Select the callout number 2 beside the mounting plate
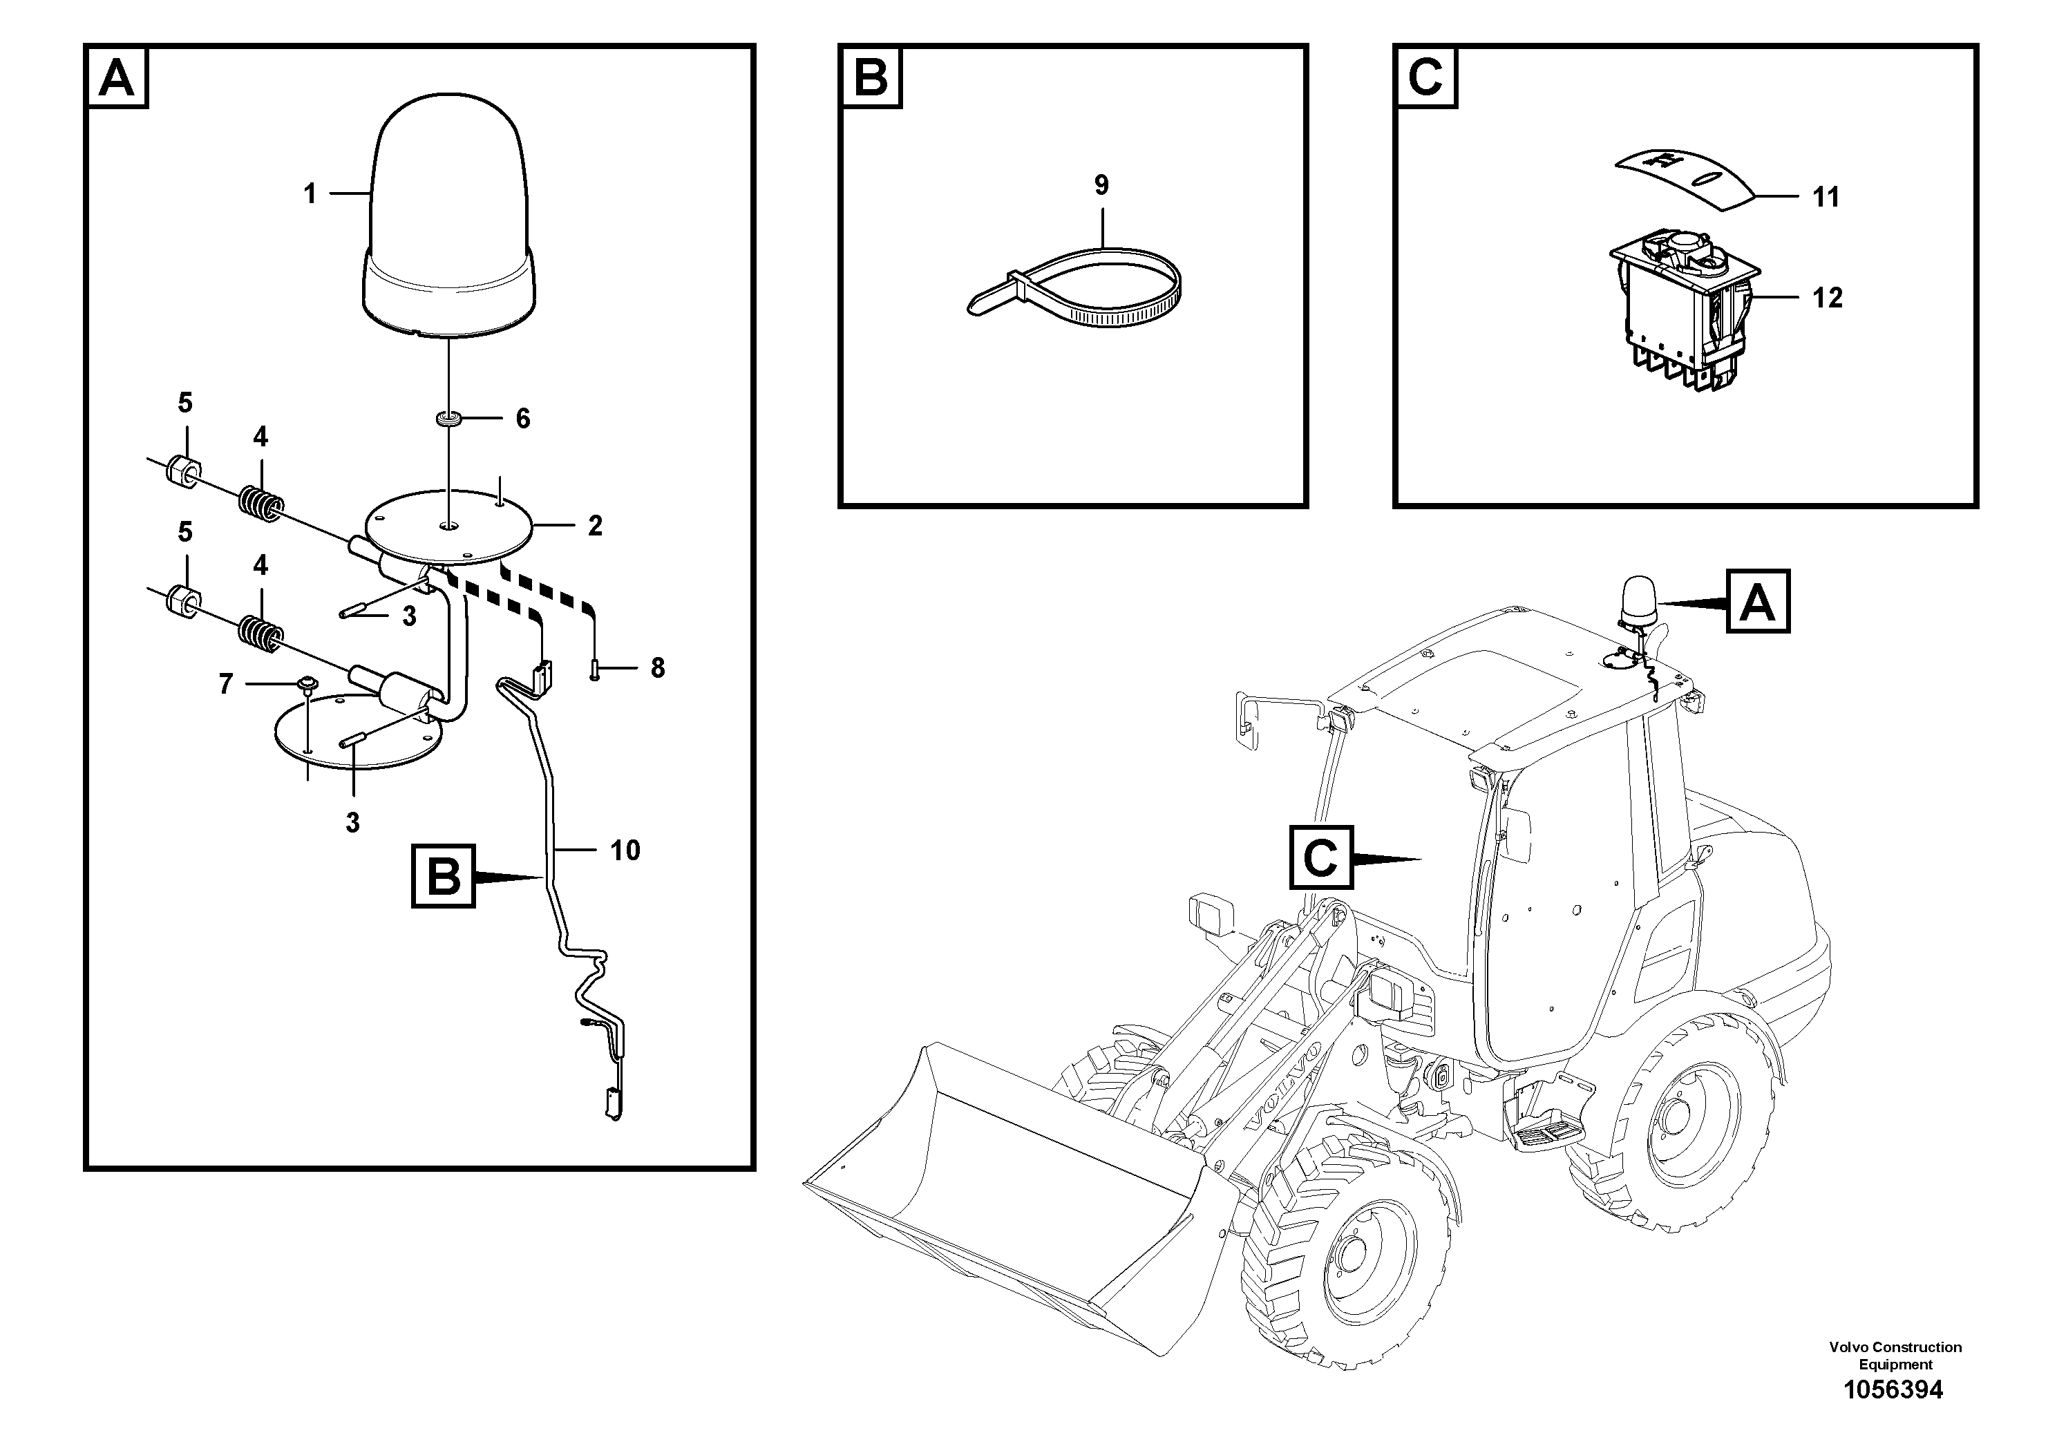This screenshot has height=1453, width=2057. click(595, 526)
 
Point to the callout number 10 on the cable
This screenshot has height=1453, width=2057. click(625, 850)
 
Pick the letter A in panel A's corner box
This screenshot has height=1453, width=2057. click(117, 78)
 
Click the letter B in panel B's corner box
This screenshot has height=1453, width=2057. click(871, 78)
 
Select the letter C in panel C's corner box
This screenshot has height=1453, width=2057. click(1425, 78)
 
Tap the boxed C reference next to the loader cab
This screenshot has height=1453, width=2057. click(1320, 857)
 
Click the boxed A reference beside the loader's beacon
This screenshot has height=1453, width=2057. click(1757, 601)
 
